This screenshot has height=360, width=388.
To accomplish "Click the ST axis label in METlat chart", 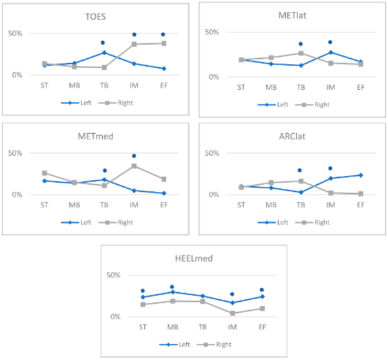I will pos(241,87).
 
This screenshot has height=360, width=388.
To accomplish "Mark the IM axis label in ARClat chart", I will pos(330,205).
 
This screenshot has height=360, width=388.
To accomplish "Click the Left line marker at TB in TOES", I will pos(103,52).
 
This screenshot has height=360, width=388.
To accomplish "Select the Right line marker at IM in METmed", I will pos(134,166).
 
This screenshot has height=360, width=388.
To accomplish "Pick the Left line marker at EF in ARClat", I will pos(360,175).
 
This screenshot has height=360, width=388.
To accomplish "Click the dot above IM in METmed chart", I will pos(134,156).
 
